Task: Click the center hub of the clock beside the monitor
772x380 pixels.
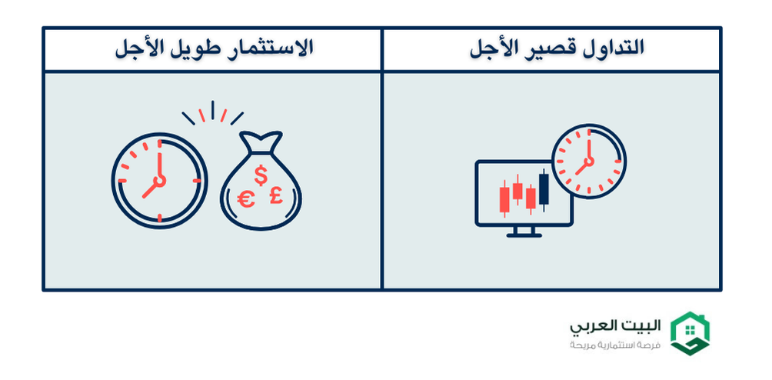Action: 589,162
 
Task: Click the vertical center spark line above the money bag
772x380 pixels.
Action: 213,110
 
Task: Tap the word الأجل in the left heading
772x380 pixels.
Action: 136,49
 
